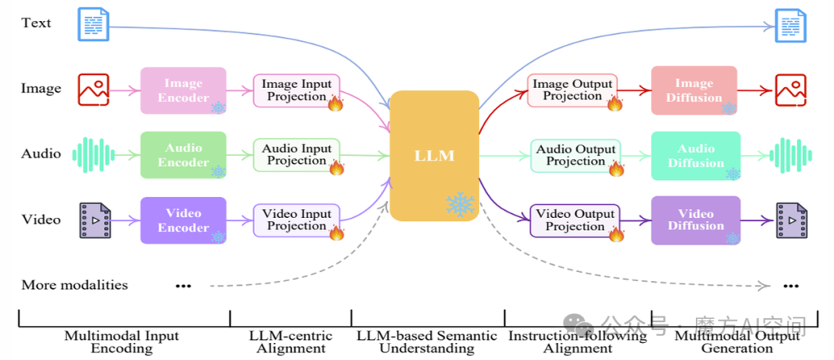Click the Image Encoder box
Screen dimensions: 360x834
coord(183,90)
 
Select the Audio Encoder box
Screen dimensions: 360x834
coord(183,155)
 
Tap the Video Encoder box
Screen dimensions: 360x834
coord(183,220)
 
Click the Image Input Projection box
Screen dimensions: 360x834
coord(297,90)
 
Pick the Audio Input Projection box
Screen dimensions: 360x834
coord(297,155)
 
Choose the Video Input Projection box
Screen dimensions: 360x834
coord(297,220)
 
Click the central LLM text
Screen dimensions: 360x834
coord(434,156)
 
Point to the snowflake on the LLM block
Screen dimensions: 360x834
coord(460,204)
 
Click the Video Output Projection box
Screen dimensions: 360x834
coord(575,220)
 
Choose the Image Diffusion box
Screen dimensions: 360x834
coord(694,90)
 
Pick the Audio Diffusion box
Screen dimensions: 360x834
coord(696,155)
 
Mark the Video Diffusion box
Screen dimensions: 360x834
coord(696,219)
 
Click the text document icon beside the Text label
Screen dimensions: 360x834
coord(93,24)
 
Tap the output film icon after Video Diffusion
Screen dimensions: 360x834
coord(791,220)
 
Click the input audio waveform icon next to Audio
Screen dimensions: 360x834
coord(93,155)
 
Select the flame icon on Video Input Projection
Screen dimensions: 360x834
coord(336,233)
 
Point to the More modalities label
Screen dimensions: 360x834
coord(75,285)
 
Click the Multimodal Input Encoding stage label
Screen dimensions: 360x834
coord(121,341)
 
